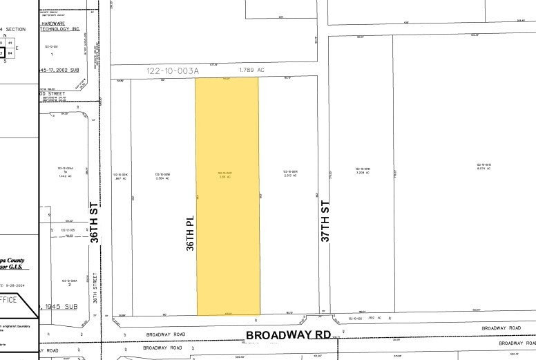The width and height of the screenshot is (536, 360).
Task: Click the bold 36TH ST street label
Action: pos(95,222)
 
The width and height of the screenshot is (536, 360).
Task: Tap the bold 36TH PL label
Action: pos(191,231)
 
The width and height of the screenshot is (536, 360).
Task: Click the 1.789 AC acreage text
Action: pos(252,70)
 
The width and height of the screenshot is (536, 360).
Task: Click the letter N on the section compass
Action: pos(5,35)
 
